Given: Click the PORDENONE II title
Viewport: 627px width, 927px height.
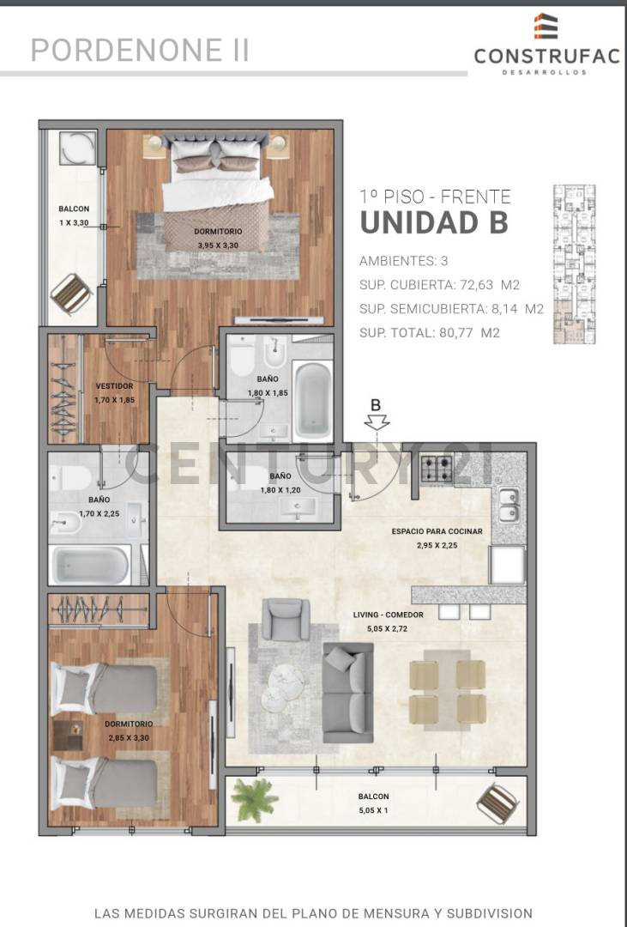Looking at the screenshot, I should click(x=140, y=51).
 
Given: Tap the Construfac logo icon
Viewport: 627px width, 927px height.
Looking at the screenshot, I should click(x=546, y=27).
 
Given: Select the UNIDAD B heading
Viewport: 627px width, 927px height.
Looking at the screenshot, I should click(x=433, y=221).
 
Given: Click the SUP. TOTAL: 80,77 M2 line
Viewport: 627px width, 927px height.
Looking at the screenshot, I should click(x=429, y=332).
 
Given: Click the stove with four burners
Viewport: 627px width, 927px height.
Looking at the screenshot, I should click(x=436, y=470).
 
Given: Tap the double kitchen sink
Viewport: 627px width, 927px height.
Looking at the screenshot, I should click(x=509, y=505).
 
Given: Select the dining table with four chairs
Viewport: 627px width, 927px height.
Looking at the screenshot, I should click(x=447, y=686).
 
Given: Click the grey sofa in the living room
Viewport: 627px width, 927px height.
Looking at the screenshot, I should click(x=347, y=692).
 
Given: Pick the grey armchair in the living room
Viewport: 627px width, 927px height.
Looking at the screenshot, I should click(x=285, y=619).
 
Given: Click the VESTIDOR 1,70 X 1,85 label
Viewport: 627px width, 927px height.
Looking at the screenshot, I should click(x=114, y=392).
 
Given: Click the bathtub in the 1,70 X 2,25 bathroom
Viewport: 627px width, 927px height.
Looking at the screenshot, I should click(x=90, y=566).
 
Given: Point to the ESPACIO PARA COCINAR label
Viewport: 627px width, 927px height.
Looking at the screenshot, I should click(x=437, y=537).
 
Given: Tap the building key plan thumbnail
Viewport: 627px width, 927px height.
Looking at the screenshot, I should click(x=573, y=264).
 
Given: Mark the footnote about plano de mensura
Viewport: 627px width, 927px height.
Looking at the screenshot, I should click(x=313, y=912).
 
